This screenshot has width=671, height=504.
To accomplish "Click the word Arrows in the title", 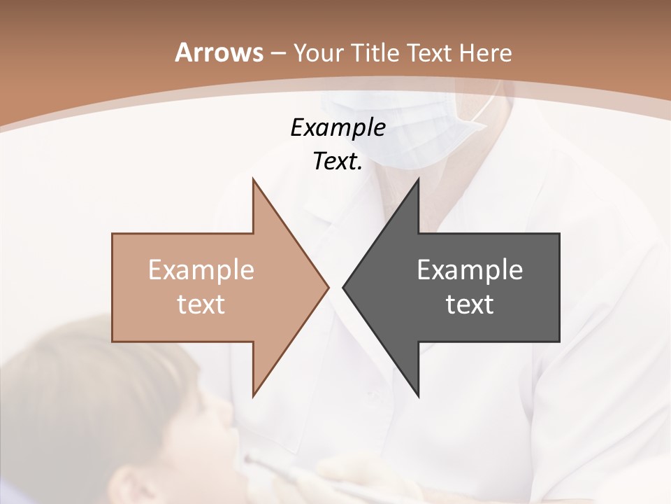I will pos(217,52).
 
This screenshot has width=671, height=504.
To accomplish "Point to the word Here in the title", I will pos(485,52).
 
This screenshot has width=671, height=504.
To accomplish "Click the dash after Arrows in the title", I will pos(277,53).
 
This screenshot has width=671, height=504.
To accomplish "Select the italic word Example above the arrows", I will pos(338,127).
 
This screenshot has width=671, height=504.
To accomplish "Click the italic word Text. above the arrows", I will pos(338,161).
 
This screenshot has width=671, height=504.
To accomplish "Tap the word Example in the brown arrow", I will pos(201,269).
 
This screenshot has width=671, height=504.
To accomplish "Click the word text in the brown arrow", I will pos(201,304).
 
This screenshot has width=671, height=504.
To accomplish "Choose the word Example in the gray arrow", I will pos(470,269).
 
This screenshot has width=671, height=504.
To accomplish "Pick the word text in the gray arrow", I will pos(470,304).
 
